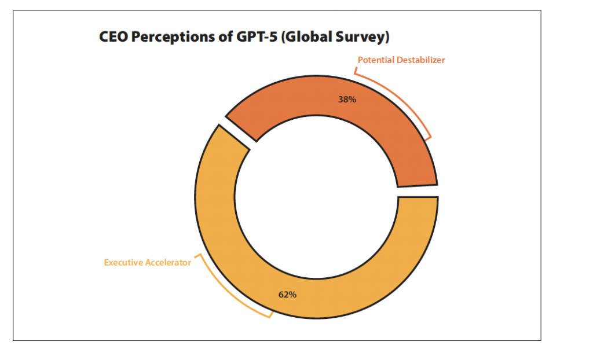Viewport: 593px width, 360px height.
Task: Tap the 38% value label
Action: [x=347, y=100]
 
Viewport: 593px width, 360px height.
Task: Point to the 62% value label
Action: [x=287, y=295]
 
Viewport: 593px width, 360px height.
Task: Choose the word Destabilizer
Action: [x=420, y=60]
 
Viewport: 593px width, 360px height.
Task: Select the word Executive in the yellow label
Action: [x=123, y=263]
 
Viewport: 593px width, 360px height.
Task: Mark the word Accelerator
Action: [x=168, y=263]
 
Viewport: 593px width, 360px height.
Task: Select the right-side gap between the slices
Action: [x=418, y=191]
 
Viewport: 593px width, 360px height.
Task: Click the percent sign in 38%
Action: [x=353, y=100]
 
